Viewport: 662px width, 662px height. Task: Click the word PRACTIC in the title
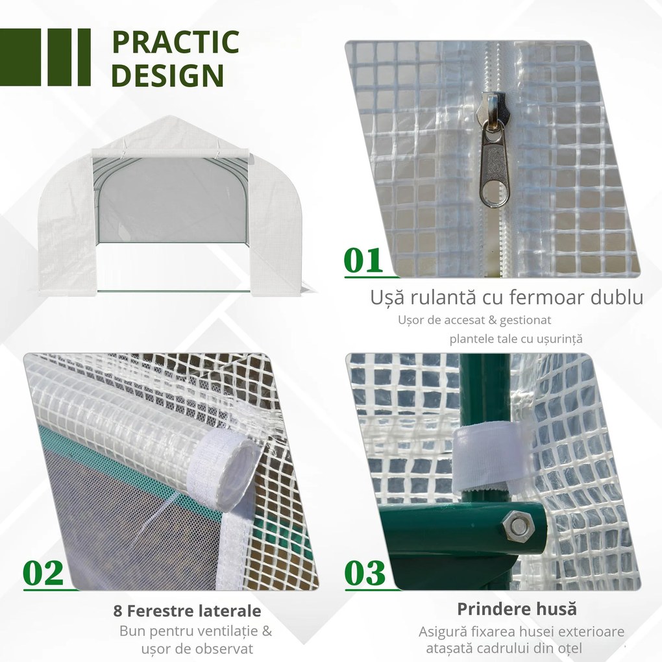(x=175, y=42)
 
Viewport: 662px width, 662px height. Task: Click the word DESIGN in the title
(x=167, y=76)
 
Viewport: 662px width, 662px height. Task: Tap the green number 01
(x=363, y=261)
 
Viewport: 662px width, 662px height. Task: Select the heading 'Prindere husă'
(x=517, y=609)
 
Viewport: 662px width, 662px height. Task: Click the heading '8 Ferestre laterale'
(x=187, y=611)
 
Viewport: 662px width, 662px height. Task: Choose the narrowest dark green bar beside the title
(x=84, y=57)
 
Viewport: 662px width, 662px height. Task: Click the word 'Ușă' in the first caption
(x=388, y=298)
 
